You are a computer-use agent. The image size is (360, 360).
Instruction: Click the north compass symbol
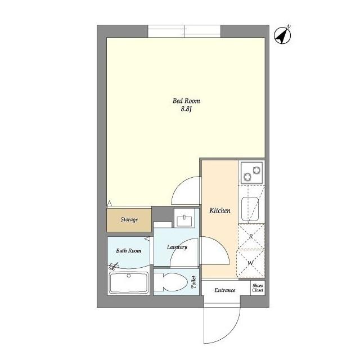coord(282,35)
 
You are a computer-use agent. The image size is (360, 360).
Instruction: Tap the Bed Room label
coord(186,101)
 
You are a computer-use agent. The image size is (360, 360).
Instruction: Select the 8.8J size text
coord(186,109)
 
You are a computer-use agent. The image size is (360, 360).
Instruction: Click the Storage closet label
coord(129,220)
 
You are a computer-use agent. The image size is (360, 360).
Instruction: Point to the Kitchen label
coord(220,210)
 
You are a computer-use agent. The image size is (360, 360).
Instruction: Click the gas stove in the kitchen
coord(251,173)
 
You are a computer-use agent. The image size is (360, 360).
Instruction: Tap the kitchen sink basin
coord(250,209)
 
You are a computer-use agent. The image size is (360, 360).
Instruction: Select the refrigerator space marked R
coord(251,236)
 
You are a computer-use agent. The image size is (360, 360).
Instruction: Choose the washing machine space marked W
coord(250,263)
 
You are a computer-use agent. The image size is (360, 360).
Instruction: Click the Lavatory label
coord(177,247)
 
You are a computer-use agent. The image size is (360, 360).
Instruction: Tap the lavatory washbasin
coord(184,220)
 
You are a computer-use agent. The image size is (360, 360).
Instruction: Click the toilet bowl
coord(170,282)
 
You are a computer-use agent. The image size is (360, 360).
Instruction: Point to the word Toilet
coord(193,282)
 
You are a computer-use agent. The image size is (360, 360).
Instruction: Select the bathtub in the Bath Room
coord(129,282)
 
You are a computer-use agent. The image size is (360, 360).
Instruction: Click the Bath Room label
coord(129,250)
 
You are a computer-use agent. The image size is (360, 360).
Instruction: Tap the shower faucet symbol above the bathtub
coord(114,266)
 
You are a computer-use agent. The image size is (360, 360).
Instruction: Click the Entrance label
coord(225,290)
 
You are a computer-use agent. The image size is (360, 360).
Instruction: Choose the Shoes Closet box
coord(258,288)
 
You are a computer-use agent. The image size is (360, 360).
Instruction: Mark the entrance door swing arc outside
coord(232,333)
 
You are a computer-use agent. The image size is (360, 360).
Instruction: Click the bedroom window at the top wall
coord(184,31)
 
